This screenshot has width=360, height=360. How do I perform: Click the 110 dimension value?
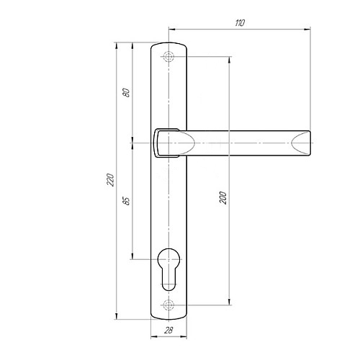point(240,23)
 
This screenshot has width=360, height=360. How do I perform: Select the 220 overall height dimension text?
point(111,179)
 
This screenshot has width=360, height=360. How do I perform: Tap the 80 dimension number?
point(127,93)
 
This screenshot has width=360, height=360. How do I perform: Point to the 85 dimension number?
point(127,201)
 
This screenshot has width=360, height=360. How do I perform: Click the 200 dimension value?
point(223,198)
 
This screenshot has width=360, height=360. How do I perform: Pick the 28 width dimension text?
point(168,330)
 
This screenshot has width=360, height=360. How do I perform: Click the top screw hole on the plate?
point(168,57)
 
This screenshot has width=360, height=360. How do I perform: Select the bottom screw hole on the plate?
point(168,305)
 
